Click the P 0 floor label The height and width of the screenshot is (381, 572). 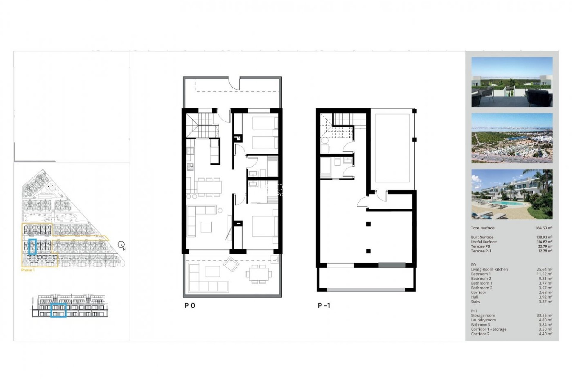point(190,306)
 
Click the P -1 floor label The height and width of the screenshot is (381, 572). point(324,306)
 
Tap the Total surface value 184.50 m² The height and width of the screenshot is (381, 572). point(544,228)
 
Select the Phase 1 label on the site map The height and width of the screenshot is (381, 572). point(28,270)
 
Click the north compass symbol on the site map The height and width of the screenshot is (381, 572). point(122,245)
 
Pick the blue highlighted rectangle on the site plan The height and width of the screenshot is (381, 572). point(32,246)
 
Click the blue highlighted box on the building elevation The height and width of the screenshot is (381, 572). point(58,310)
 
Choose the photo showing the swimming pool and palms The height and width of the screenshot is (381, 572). point(512,194)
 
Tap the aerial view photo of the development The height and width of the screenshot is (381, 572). point(512,138)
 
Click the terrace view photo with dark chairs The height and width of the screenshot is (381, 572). point(512,82)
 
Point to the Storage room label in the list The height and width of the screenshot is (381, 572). point(483,316)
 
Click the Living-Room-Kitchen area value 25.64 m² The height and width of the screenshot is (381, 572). point(544,269)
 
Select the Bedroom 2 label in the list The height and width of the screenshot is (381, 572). point(481,279)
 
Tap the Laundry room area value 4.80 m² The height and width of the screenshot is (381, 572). point(545,320)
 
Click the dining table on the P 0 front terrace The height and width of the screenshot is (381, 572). point(259,274)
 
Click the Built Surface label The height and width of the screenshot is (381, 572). point(482,237)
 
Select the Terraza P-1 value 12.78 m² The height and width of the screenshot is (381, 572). point(544,251)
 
